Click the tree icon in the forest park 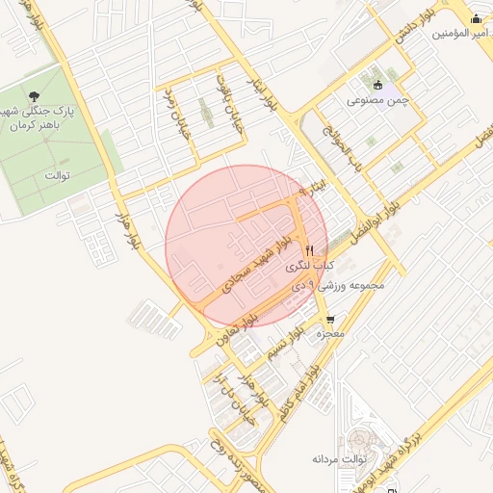coord(35,95)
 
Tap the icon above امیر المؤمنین coord(476,18)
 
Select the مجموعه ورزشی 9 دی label coord(342,286)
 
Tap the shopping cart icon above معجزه coord(331,320)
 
